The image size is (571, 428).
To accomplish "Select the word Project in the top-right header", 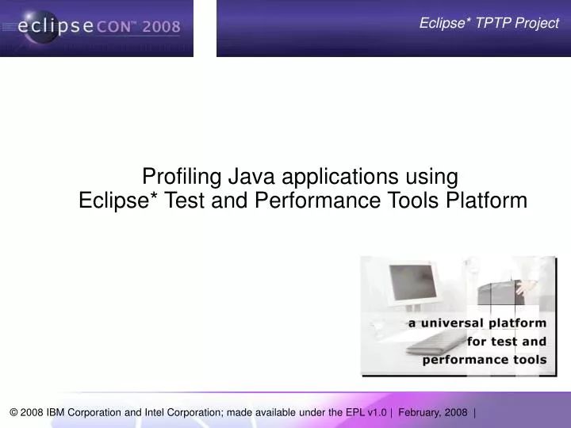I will (536, 23).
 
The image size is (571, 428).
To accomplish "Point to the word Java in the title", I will (247, 175).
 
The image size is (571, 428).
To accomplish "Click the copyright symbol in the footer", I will (14, 412).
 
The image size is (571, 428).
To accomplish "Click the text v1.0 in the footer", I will (376, 412).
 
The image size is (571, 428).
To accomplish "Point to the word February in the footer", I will (423, 412).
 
